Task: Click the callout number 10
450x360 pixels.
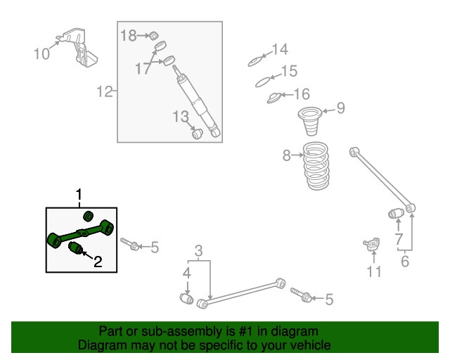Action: (41, 54)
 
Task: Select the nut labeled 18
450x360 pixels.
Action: (154, 36)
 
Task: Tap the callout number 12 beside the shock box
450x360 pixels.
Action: (105, 91)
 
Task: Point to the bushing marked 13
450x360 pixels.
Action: (197, 134)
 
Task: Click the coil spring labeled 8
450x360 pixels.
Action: (316, 166)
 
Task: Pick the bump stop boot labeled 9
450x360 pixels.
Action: (310, 121)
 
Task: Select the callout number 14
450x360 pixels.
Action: (280, 49)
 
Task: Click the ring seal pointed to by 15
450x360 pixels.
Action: (263, 82)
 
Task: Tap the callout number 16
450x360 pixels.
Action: (302, 94)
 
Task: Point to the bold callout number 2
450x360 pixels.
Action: (98, 262)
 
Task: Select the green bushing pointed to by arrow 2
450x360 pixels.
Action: (76, 247)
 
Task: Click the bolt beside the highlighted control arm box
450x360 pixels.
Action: (130, 244)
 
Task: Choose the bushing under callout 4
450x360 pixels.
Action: (186, 299)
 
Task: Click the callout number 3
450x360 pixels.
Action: (198, 250)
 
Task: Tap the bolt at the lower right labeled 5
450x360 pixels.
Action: (301, 295)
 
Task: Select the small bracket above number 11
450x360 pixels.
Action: (372, 244)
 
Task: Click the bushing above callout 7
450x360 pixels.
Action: (396, 213)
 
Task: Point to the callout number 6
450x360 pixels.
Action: (405, 262)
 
